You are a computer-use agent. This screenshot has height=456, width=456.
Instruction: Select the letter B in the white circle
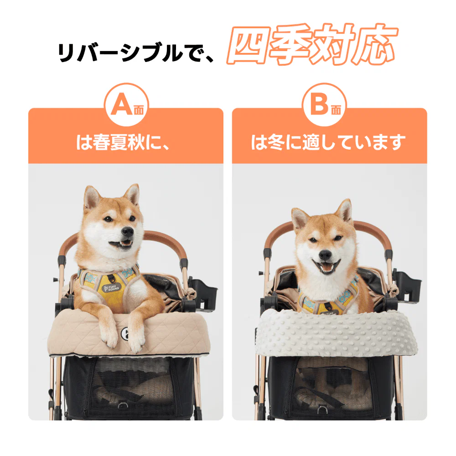[321, 105]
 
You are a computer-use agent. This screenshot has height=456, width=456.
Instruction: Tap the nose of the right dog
[326, 254]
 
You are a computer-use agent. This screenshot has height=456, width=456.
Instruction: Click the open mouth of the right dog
[326, 268]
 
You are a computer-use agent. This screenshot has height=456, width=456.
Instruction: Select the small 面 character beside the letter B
[337, 110]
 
